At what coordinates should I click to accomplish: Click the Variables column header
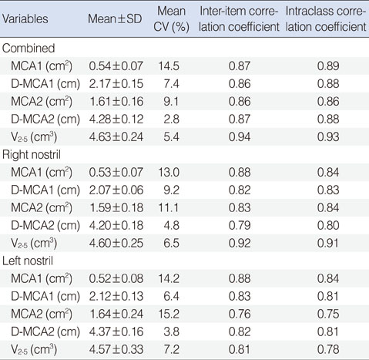click(x=25, y=19)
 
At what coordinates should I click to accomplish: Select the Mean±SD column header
click(x=115, y=19)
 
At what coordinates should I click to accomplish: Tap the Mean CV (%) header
click(x=171, y=19)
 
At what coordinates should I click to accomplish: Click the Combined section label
click(x=29, y=48)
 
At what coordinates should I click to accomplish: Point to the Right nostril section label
click(x=32, y=155)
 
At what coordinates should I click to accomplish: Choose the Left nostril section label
click(x=28, y=261)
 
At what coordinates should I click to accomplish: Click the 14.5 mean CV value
click(x=169, y=66)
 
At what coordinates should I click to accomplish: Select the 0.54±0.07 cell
click(x=116, y=66)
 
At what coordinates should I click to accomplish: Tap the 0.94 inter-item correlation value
click(x=240, y=136)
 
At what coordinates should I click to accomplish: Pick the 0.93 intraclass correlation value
click(x=328, y=136)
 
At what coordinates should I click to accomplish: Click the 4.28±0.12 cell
click(x=116, y=119)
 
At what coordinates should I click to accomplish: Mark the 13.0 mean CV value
click(x=169, y=173)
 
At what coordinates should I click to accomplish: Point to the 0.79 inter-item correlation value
click(x=240, y=226)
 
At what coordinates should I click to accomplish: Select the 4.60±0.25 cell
click(x=116, y=244)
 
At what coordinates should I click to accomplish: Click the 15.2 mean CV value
click(x=169, y=314)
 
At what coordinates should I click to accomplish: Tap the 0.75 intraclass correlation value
click(x=328, y=314)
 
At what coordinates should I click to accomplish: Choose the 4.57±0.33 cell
click(x=116, y=349)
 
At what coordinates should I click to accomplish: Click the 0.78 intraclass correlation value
click(x=328, y=349)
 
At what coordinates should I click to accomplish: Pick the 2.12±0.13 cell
click(x=116, y=296)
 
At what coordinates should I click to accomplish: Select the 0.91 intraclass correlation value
click(x=328, y=244)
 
